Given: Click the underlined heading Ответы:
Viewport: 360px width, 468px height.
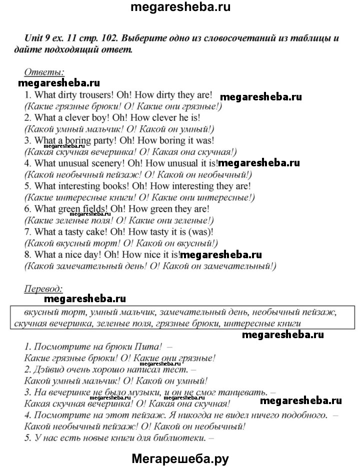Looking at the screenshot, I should [43, 72].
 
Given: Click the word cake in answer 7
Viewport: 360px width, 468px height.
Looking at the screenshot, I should [102, 232].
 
